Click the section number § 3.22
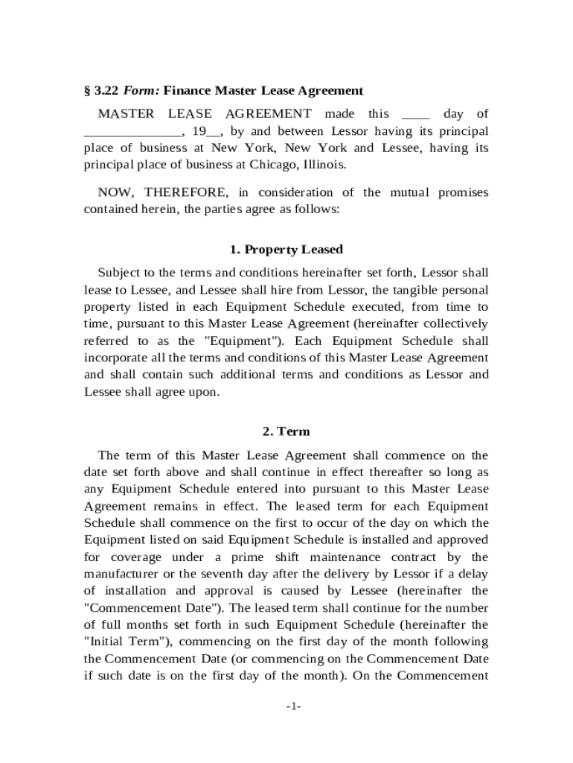101,91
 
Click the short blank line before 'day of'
415,115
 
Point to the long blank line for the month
132,132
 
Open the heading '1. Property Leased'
286,249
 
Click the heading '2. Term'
286,431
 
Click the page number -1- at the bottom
292,706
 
